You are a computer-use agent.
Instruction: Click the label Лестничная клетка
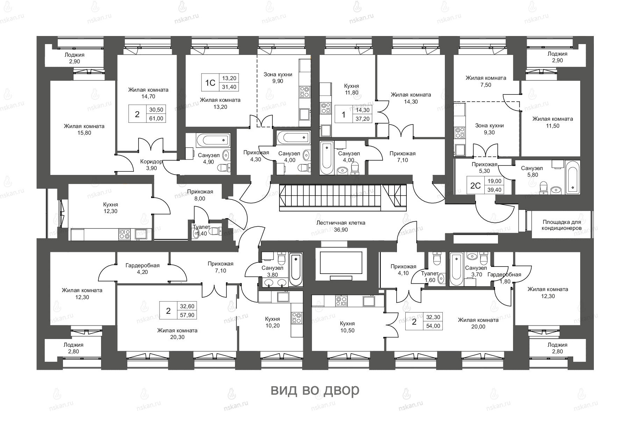pos(341,223)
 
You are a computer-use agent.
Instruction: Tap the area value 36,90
pos(341,230)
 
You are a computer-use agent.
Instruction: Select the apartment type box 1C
pos(210,83)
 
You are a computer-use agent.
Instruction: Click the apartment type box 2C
pos(475,185)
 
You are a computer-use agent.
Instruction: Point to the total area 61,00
pos(157,118)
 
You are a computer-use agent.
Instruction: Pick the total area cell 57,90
pos(187,315)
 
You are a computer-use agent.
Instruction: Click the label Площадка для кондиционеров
pos(562,225)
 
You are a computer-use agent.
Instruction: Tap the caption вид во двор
pos(315,390)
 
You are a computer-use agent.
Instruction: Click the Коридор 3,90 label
pos(151,165)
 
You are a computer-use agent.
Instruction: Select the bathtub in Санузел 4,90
pos(213,141)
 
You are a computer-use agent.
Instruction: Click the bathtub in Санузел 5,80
pos(572,177)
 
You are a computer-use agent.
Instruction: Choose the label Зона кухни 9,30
pos(489,129)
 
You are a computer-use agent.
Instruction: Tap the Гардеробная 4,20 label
pos(142,269)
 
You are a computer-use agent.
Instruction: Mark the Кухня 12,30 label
pos(111,208)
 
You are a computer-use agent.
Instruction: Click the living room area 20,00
pos(478,327)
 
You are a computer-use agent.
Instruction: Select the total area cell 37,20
pos(362,119)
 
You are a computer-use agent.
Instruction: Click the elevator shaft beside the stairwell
pos(341,264)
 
